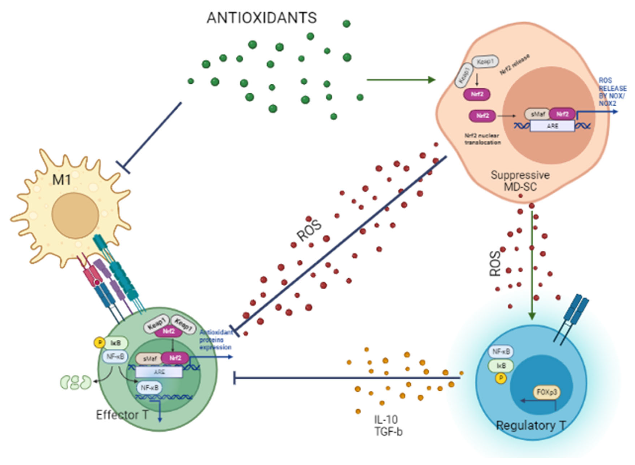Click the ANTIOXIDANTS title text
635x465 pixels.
pyautogui.click(x=262, y=18)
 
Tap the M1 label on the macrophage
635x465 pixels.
pyautogui.click(x=61, y=179)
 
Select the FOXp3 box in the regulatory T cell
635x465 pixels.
pyautogui.click(x=546, y=392)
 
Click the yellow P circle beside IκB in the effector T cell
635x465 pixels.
pyautogui.click(x=99, y=343)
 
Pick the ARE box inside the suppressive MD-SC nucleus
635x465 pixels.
pyautogui.click(x=552, y=126)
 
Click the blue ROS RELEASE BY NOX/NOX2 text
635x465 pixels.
pyautogui.click(x=612, y=92)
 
